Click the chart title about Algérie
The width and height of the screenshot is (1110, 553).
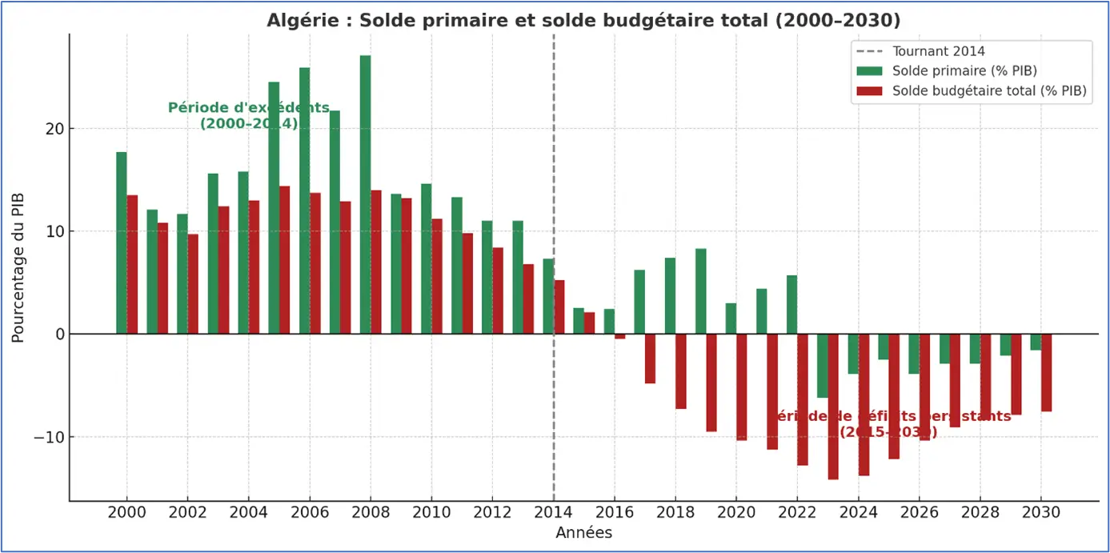point(583,20)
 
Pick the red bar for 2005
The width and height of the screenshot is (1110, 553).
point(284,260)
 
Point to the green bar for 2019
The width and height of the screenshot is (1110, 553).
point(700,291)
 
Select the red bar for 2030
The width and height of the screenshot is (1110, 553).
point(1046,372)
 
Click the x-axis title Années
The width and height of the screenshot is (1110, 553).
point(583,533)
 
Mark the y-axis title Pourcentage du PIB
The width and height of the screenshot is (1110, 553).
point(18,267)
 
